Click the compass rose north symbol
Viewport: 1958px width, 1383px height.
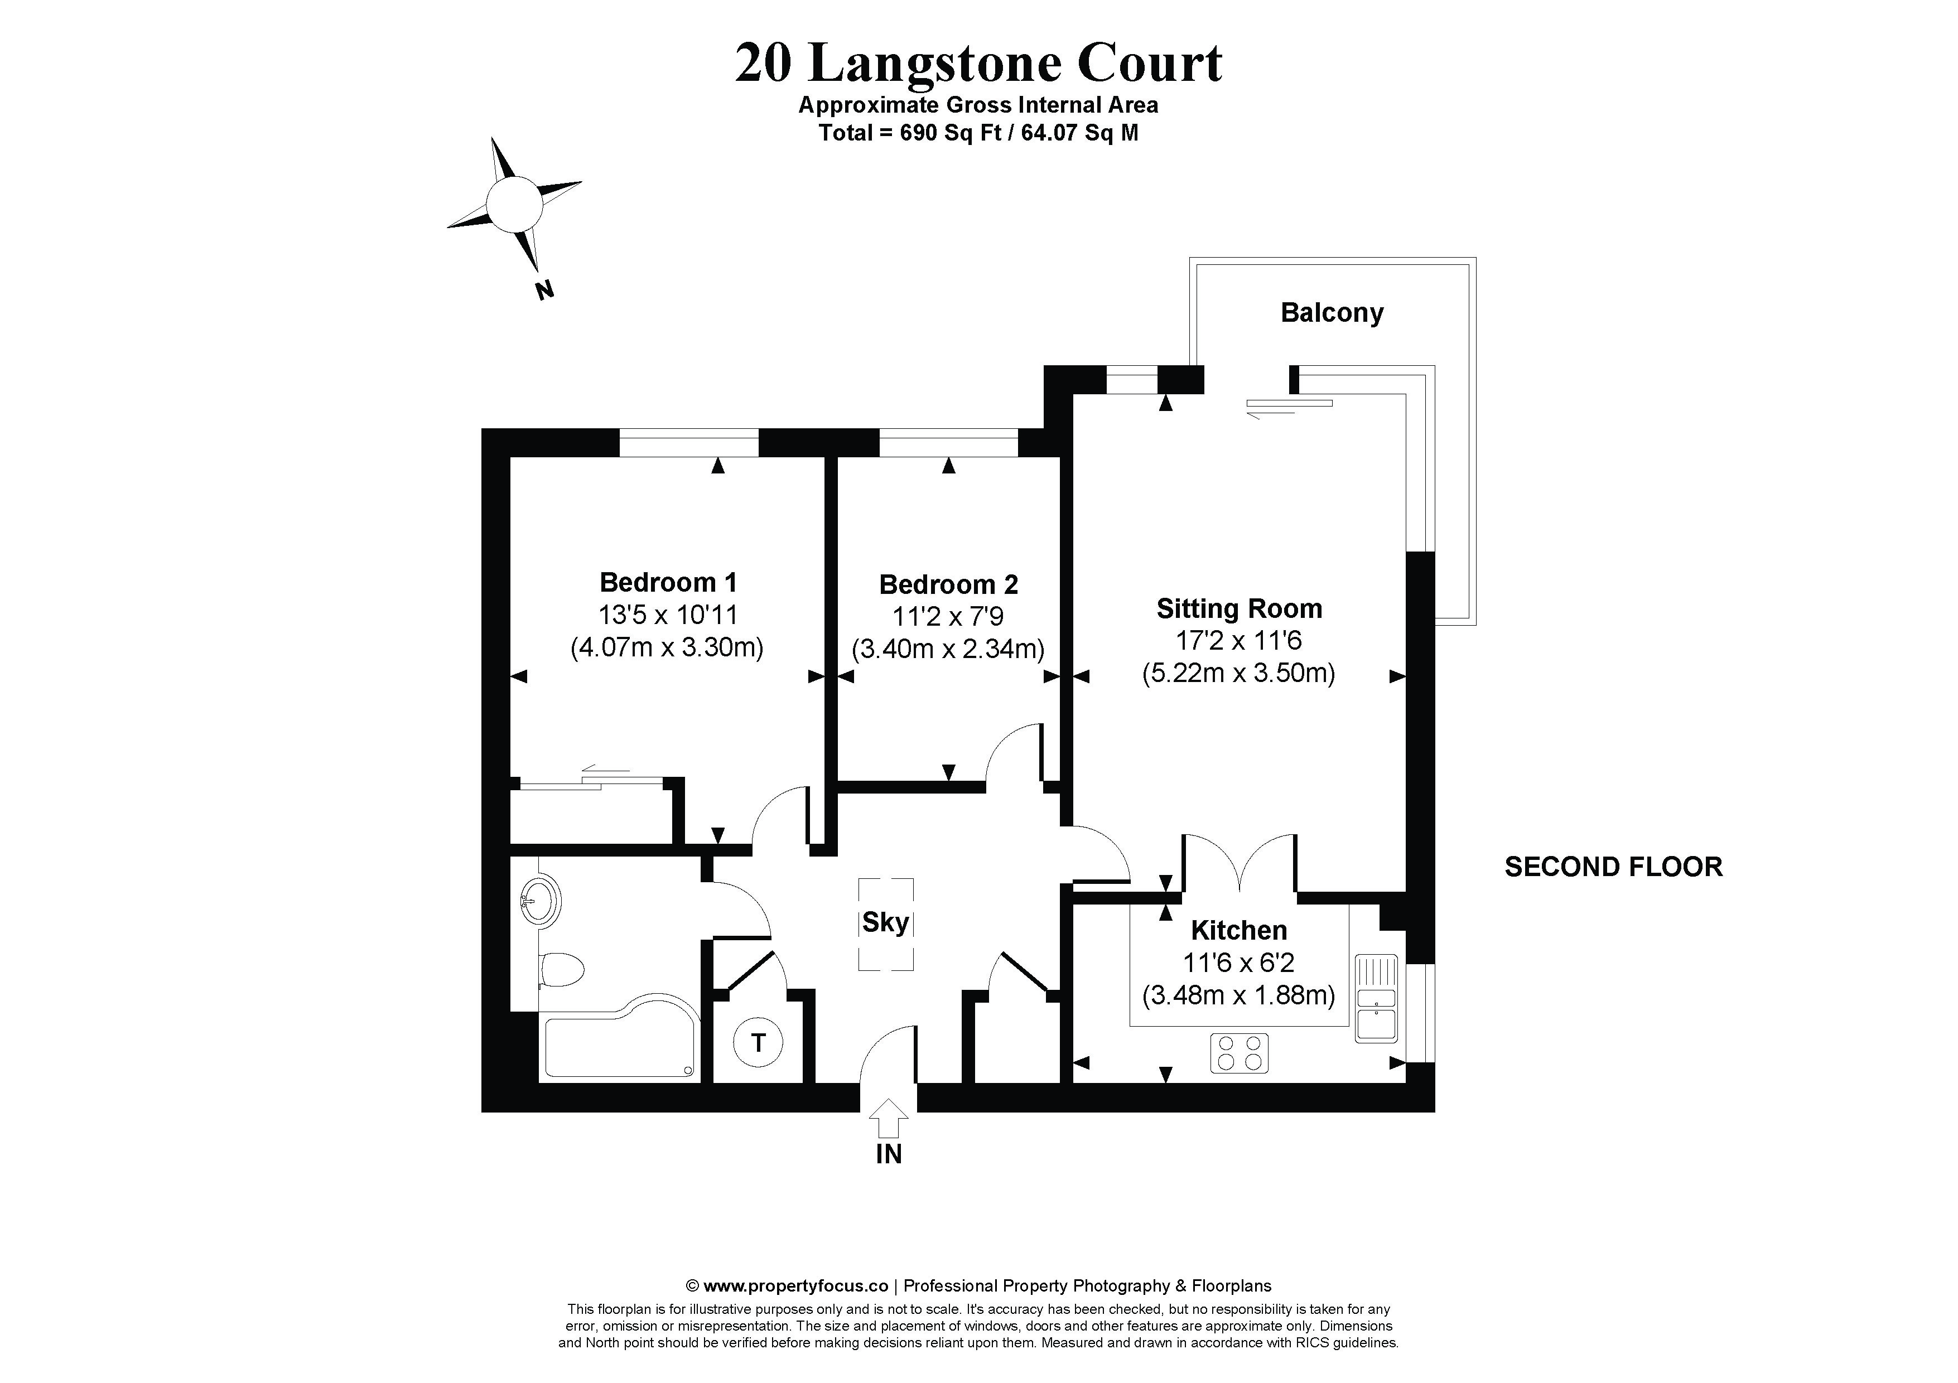click(x=514, y=205)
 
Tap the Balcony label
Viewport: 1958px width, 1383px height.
click(x=1331, y=313)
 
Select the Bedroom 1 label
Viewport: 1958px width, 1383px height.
click(x=668, y=582)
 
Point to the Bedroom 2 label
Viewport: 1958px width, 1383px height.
click(x=948, y=585)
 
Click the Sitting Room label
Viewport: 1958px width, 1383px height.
click(x=1239, y=609)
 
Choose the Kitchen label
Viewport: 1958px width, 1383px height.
click(x=1238, y=930)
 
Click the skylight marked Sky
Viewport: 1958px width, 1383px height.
click(x=885, y=923)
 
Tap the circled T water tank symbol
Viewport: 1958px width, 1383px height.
click(x=758, y=1042)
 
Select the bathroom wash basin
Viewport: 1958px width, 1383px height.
click(x=539, y=901)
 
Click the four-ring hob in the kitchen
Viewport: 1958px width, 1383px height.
click(x=1238, y=1052)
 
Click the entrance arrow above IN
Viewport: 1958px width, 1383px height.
click(x=889, y=1118)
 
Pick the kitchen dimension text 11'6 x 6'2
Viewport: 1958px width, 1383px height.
click(x=1238, y=963)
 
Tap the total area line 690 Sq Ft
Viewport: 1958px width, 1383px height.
click(x=978, y=133)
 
